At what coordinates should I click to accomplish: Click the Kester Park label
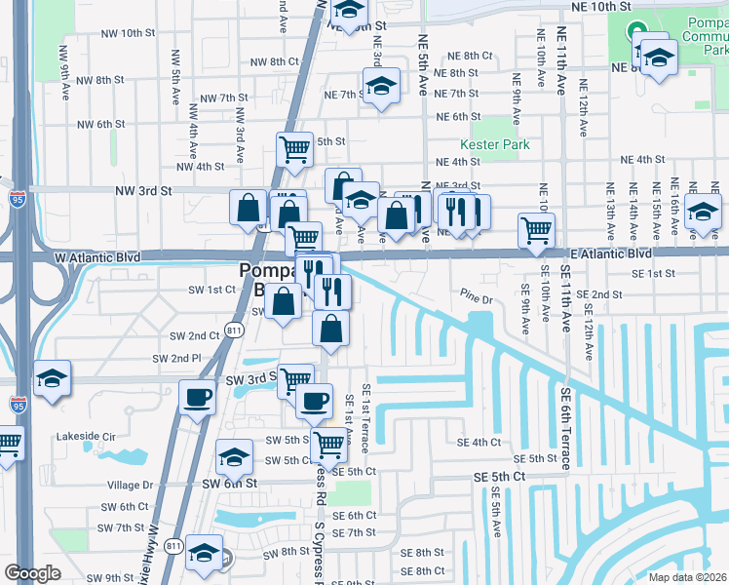tap(501, 144)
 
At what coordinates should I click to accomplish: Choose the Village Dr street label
tap(131, 485)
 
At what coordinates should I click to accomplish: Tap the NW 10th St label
tap(127, 33)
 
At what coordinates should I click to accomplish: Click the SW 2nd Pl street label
tap(175, 359)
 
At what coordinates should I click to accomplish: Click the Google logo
tap(32, 572)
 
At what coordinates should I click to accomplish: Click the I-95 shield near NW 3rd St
tap(18, 198)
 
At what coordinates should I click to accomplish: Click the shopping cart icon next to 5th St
tap(294, 149)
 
